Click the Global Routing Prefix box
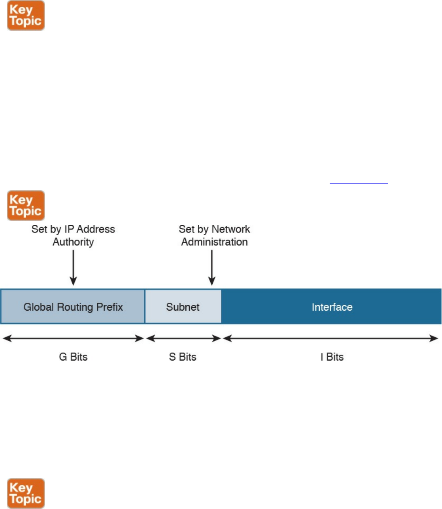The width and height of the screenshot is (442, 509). (73, 306)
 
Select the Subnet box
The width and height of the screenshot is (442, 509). (183, 306)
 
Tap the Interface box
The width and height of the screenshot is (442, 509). (332, 306)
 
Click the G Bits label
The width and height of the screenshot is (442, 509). (73, 357)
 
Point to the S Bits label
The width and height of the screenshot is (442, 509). (183, 357)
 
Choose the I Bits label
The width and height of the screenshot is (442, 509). (332, 357)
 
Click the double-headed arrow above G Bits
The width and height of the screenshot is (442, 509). (73, 338)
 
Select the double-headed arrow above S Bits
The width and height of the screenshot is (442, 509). (183, 338)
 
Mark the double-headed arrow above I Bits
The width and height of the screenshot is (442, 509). (330, 338)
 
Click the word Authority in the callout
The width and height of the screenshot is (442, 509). (73, 242)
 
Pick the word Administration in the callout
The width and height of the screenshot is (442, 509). (214, 242)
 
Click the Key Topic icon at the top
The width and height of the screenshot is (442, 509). (26, 16)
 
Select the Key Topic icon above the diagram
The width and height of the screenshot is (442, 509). (26, 205)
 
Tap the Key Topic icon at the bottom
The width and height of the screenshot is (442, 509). (26, 493)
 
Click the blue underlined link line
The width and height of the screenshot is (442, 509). (359, 183)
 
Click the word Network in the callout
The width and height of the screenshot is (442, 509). (232, 229)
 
